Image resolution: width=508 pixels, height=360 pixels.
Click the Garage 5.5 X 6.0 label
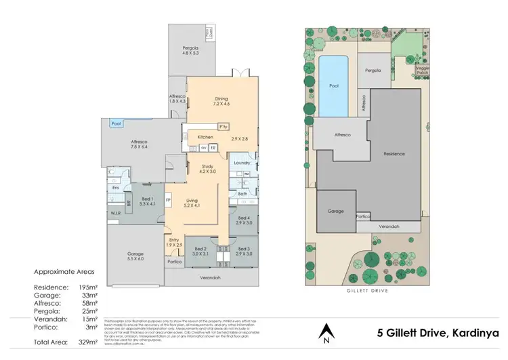click(135, 256)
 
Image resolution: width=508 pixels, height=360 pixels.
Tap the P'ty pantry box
click(221, 127)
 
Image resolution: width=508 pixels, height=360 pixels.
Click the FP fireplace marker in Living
click(168, 201)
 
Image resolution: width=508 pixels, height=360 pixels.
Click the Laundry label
click(242, 163)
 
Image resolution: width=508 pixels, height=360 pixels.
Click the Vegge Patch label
click(422, 71)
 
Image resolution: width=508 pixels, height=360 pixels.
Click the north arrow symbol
click(326, 331)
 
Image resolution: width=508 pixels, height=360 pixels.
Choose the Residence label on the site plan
click(394, 154)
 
